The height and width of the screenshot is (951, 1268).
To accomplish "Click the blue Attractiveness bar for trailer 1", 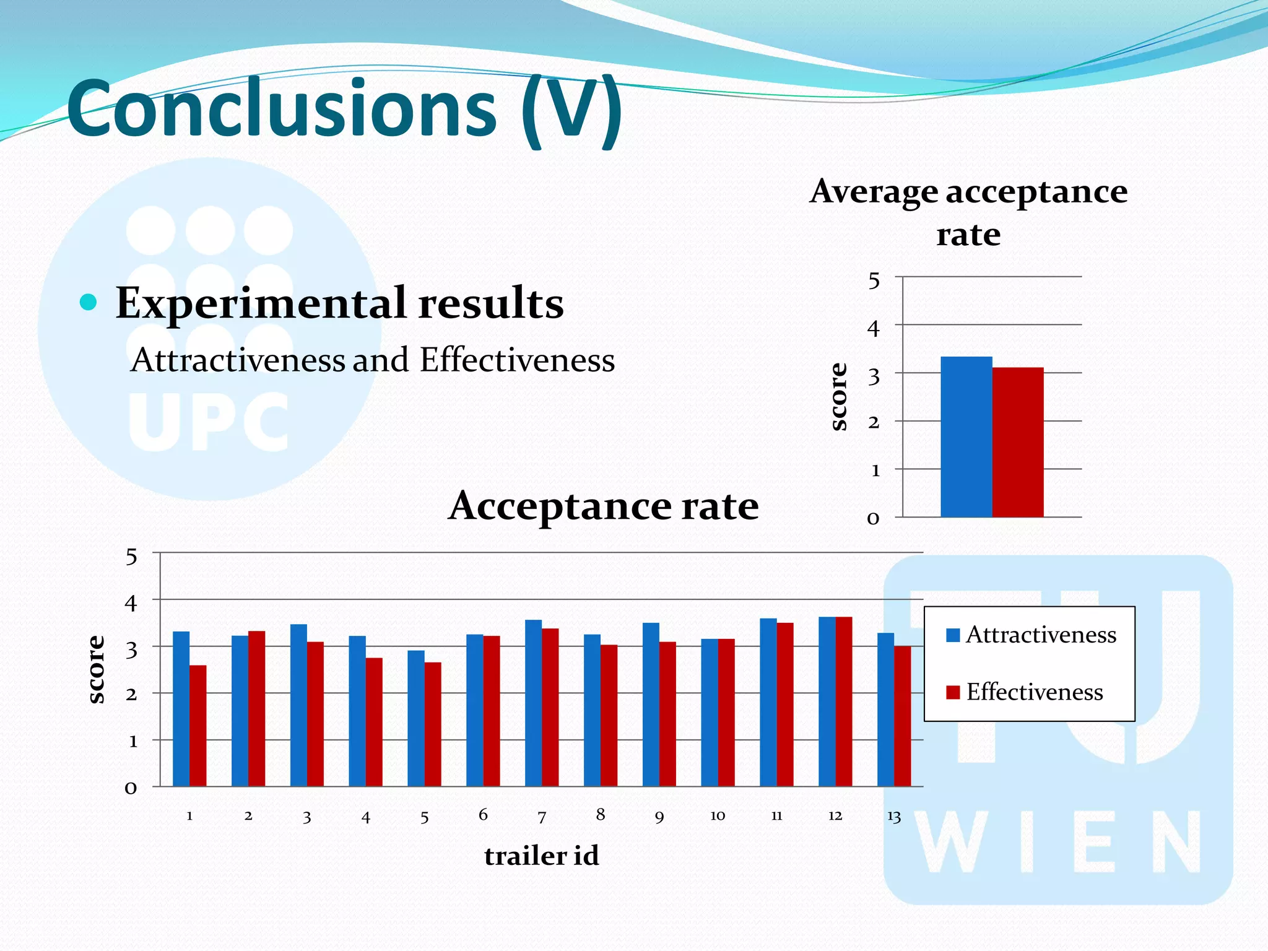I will click(x=181, y=709).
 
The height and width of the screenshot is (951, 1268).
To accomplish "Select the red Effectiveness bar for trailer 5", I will click(x=433, y=724).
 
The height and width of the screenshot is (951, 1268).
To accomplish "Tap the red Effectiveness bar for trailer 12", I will click(x=844, y=701).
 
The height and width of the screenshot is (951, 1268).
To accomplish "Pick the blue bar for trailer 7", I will click(x=533, y=703).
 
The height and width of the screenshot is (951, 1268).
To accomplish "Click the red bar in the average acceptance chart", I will click(x=1018, y=442).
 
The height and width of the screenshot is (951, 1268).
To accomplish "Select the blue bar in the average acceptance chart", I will click(x=966, y=436).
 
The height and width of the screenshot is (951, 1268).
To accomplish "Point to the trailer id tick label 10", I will click(x=718, y=816).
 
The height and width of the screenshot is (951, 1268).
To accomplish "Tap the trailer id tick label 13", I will click(x=894, y=817).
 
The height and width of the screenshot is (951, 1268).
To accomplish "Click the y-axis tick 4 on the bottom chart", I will click(x=131, y=602).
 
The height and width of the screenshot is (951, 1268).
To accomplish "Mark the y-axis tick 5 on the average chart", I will click(x=874, y=281).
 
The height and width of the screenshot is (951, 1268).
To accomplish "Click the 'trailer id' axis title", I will click(x=541, y=856).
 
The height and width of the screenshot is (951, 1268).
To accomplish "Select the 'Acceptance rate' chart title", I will click(x=603, y=506).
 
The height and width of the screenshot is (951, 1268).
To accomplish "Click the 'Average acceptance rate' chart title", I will click(x=968, y=212).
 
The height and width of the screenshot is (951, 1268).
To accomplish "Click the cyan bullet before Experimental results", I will click(x=89, y=303).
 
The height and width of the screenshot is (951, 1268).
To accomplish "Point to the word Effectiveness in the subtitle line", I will click(x=517, y=360).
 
